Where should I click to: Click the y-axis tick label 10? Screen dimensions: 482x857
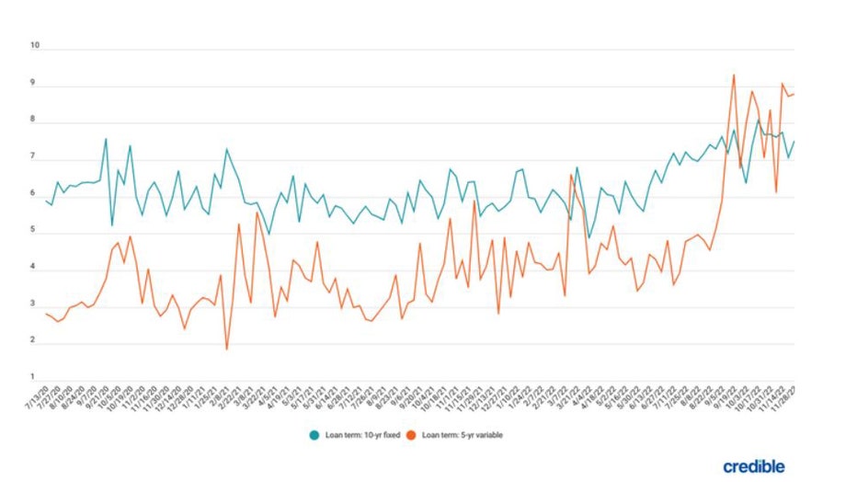click(36, 45)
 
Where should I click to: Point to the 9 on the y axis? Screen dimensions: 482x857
click(36, 83)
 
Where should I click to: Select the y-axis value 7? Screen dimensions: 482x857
click(36, 157)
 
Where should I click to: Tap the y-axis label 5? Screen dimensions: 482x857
click(36, 231)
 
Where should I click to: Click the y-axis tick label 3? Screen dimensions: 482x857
click(36, 304)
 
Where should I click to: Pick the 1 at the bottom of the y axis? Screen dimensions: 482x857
click(36, 377)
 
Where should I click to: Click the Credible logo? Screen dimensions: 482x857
click(753, 466)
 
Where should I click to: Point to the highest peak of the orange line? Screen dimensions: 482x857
click(733, 75)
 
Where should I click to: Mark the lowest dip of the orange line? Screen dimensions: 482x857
click(226, 349)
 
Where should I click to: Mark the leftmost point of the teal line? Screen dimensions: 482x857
click(45, 200)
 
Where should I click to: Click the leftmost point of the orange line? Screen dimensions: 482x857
click(45, 314)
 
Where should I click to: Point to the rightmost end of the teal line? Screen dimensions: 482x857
click(794, 141)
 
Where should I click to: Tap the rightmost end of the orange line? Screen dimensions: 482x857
click(794, 93)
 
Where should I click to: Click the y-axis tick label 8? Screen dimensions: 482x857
click(36, 120)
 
